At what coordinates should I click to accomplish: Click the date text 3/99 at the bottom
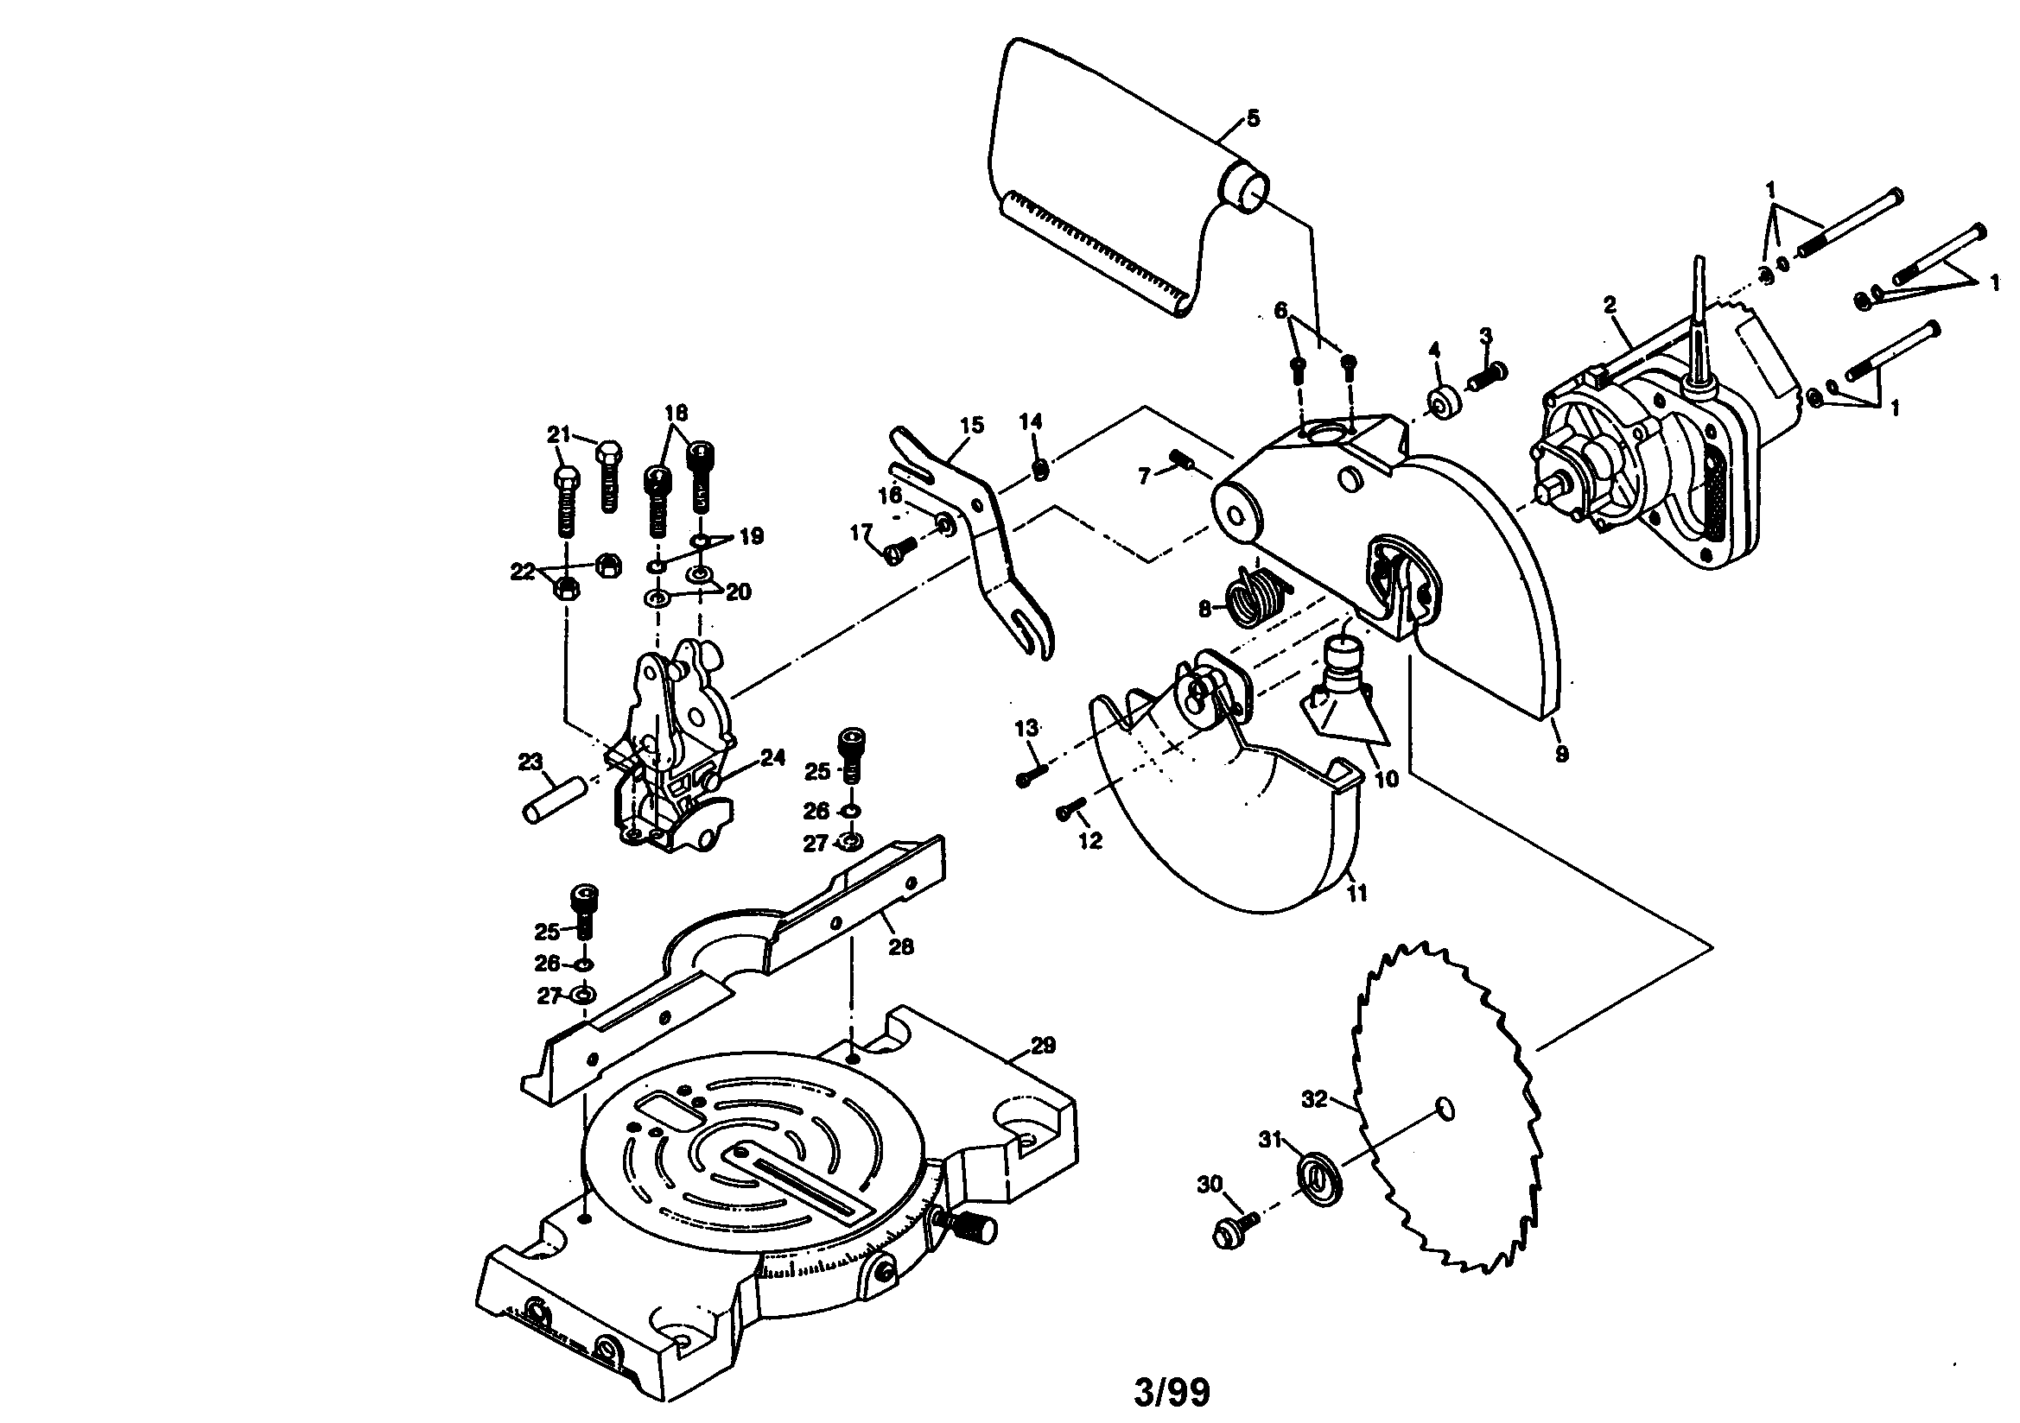1172,1393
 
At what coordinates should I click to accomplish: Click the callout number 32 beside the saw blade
1313,1099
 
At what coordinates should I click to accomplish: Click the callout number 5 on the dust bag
1253,117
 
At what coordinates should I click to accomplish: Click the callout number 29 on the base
1043,1046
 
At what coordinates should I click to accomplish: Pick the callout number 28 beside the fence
901,946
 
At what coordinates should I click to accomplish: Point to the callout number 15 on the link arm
971,426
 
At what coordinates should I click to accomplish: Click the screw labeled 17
899,549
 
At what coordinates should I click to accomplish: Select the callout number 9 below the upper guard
1561,754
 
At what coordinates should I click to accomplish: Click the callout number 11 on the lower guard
1357,893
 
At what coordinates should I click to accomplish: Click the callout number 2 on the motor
1610,305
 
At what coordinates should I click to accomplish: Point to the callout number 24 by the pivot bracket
772,758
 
